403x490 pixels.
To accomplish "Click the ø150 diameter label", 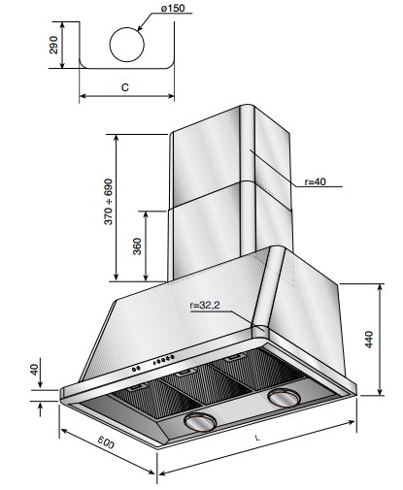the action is [173, 8].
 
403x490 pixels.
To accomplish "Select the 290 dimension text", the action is [53, 45].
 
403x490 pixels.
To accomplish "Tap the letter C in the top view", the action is [125, 87].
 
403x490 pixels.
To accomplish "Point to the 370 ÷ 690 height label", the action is [109, 202].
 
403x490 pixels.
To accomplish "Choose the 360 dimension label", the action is [138, 246].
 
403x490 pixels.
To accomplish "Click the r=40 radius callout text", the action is [316, 181].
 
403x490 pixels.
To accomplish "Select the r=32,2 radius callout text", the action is [205, 305].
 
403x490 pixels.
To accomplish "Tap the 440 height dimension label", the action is [369, 340].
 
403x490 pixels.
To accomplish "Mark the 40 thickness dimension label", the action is [34, 369].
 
